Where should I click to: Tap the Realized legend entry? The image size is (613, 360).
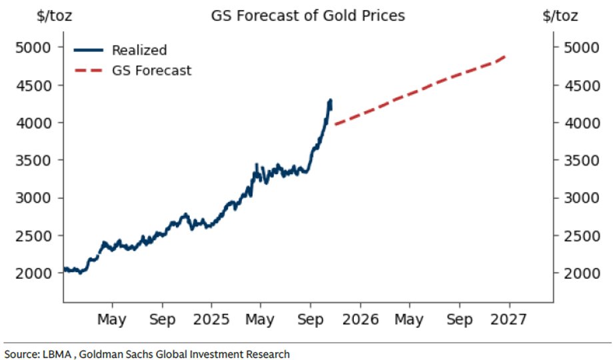[x=139, y=50]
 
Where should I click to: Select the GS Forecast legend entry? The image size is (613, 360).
[x=151, y=70]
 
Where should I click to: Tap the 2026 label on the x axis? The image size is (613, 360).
[x=360, y=319]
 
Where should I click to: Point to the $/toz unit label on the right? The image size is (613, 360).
[x=560, y=15]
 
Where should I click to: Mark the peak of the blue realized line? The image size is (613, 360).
[x=330, y=101]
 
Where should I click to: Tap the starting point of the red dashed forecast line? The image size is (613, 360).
[x=335, y=124]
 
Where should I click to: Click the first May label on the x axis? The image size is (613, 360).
[x=112, y=319]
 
